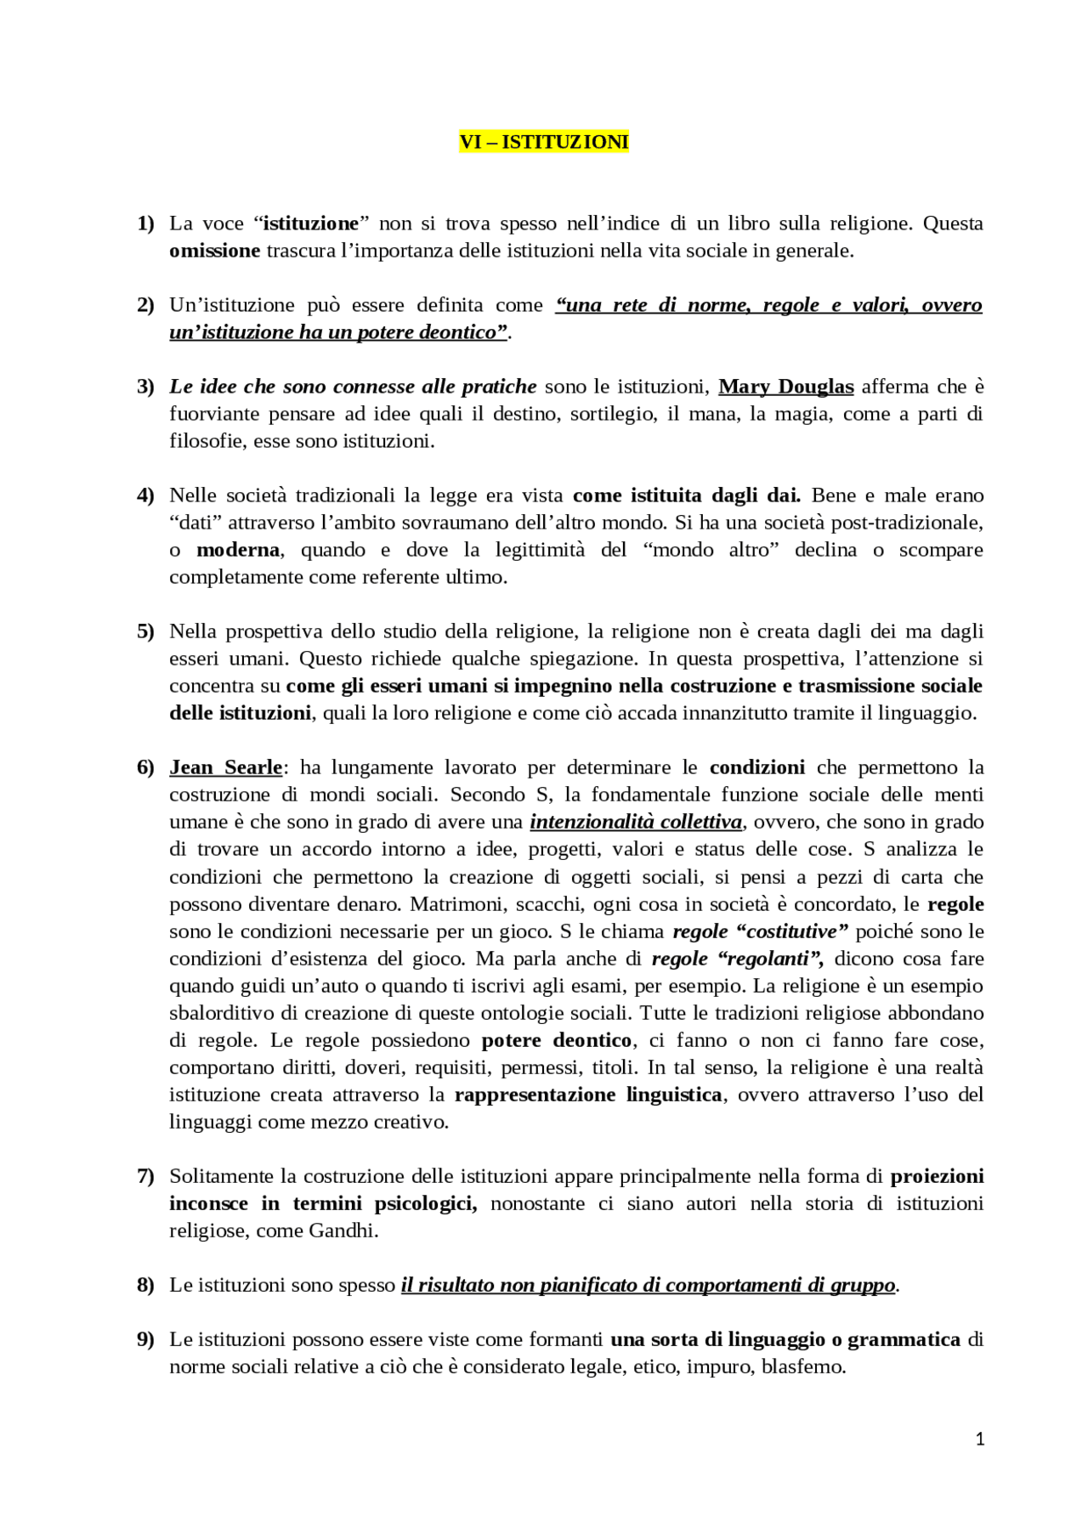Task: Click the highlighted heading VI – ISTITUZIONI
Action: (543, 142)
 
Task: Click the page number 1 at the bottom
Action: (980, 1438)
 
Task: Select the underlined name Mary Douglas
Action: (785, 387)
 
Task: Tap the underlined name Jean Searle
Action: (225, 767)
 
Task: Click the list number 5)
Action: (145, 631)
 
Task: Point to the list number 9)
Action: (145, 1339)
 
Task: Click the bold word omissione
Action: (214, 251)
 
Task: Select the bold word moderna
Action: (238, 550)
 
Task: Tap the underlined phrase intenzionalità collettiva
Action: (636, 822)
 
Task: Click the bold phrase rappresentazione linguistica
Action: (588, 1095)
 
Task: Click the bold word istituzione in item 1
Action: (311, 223)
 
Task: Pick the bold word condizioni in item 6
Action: (756, 767)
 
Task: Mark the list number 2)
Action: (145, 305)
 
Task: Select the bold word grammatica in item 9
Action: (904, 1339)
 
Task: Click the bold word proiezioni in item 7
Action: (937, 1176)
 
